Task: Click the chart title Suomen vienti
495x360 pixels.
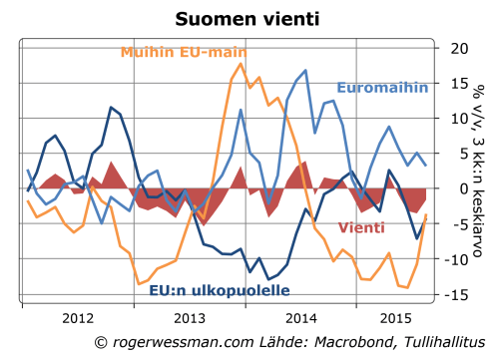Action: [x=247, y=19]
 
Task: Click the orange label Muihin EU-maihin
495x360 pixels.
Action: [x=184, y=52]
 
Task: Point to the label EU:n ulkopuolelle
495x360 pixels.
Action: [x=220, y=291]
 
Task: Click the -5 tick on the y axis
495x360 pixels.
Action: [x=457, y=224]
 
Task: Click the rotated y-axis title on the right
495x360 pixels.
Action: [x=483, y=120]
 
